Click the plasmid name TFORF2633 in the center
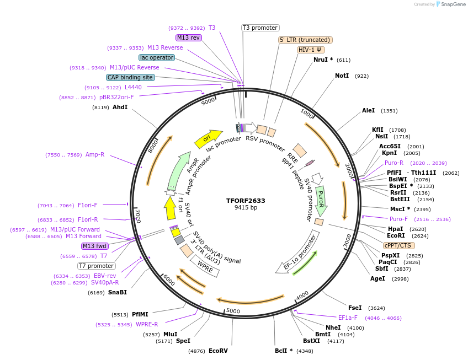pos(246,201)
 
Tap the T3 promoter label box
pos(260,28)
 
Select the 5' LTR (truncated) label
pos(305,40)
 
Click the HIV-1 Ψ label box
pos(311,50)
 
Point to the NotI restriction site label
pos(342,76)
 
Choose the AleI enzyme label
pos(368,110)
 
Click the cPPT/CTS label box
pos(398,245)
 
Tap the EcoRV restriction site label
pos(218,351)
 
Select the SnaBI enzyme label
pos(117,292)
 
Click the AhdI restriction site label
pos(120,107)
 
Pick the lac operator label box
pos(157,57)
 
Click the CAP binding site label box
pos(130,77)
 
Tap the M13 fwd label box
pos(95,246)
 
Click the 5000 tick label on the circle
pos(233,310)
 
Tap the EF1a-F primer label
pos(348,318)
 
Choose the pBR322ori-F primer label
pos(116,97)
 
